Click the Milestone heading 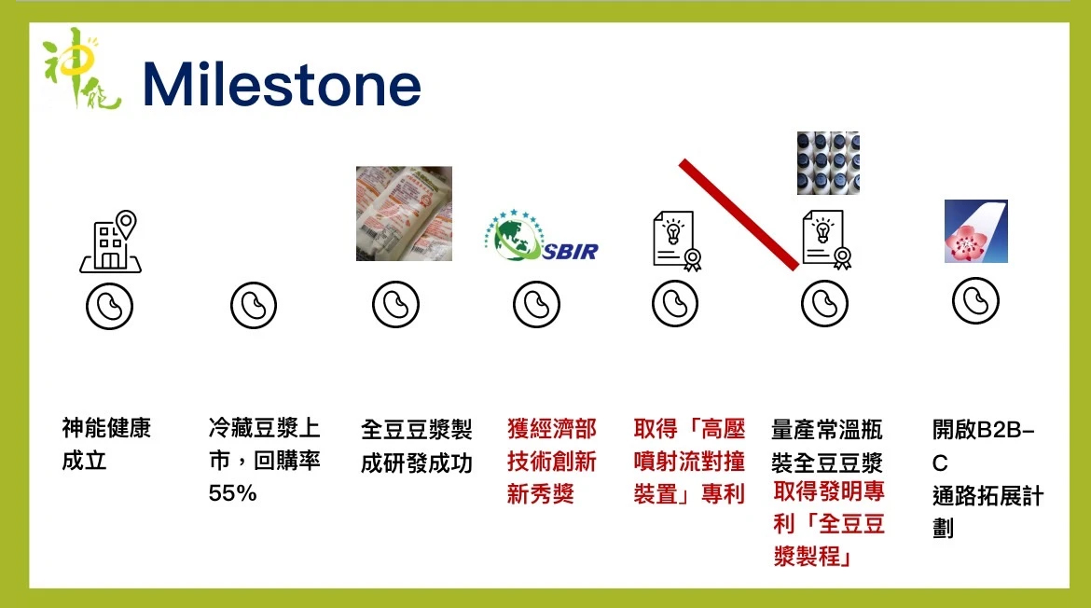coord(282,85)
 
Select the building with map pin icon coord(110,241)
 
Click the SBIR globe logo coord(541,235)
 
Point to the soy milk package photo coord(405,214)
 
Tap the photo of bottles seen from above coord(828,163)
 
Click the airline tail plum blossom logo coord(975,231)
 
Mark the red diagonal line coord(739,214)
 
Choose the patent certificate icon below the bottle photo coord(826,240)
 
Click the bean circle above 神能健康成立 coord(109,306)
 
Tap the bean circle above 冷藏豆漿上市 coord(254,305)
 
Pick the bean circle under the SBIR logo coord(536,304)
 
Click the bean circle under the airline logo coord(975,300)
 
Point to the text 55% coord(232,493)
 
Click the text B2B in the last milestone coord(1000,429)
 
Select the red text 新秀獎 coord(541,494)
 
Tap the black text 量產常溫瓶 coord(826,430)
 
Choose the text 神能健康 coord(106,428)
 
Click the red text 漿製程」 coord(812,556)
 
